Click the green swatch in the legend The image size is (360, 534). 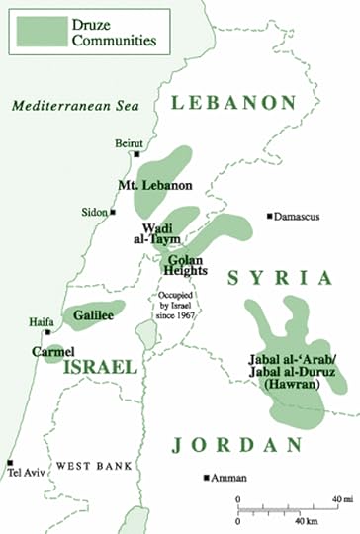(35, 29)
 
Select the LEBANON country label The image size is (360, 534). (233, 102)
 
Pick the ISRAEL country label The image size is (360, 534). (100, 367)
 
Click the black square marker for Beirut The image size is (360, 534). (136, 154)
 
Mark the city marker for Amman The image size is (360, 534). (206, 478)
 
